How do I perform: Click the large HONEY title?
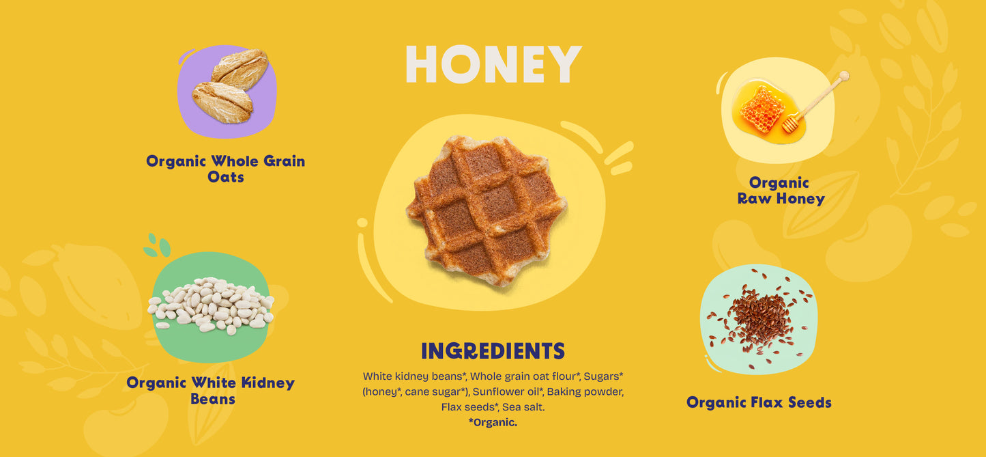point(493,64)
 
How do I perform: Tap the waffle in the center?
point(487,211)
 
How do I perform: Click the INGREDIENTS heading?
point(493,351)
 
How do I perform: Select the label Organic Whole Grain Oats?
point(225,169)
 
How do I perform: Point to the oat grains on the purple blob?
point(230,86)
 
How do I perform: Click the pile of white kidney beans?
point(211,305)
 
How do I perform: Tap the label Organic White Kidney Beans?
point(211,391)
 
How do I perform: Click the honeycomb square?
point(762,110)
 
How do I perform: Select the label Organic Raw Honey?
point(781,191)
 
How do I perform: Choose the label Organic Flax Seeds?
point(759,402)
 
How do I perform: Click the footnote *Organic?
point(493,422)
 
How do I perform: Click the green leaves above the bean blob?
point(157,245)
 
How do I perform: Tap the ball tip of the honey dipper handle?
point(844,77)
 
